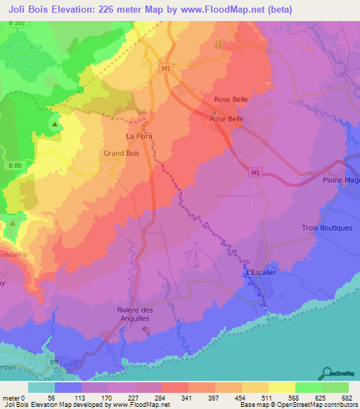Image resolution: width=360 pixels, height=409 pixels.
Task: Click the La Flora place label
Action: pos(139,136)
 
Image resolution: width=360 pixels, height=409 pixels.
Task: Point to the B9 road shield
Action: pos(53,361)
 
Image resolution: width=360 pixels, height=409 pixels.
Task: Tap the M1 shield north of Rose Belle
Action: pos(166,69)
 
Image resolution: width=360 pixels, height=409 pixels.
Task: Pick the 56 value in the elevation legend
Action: pos(51,397)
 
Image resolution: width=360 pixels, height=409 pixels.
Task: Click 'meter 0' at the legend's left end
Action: pos(13,397)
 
